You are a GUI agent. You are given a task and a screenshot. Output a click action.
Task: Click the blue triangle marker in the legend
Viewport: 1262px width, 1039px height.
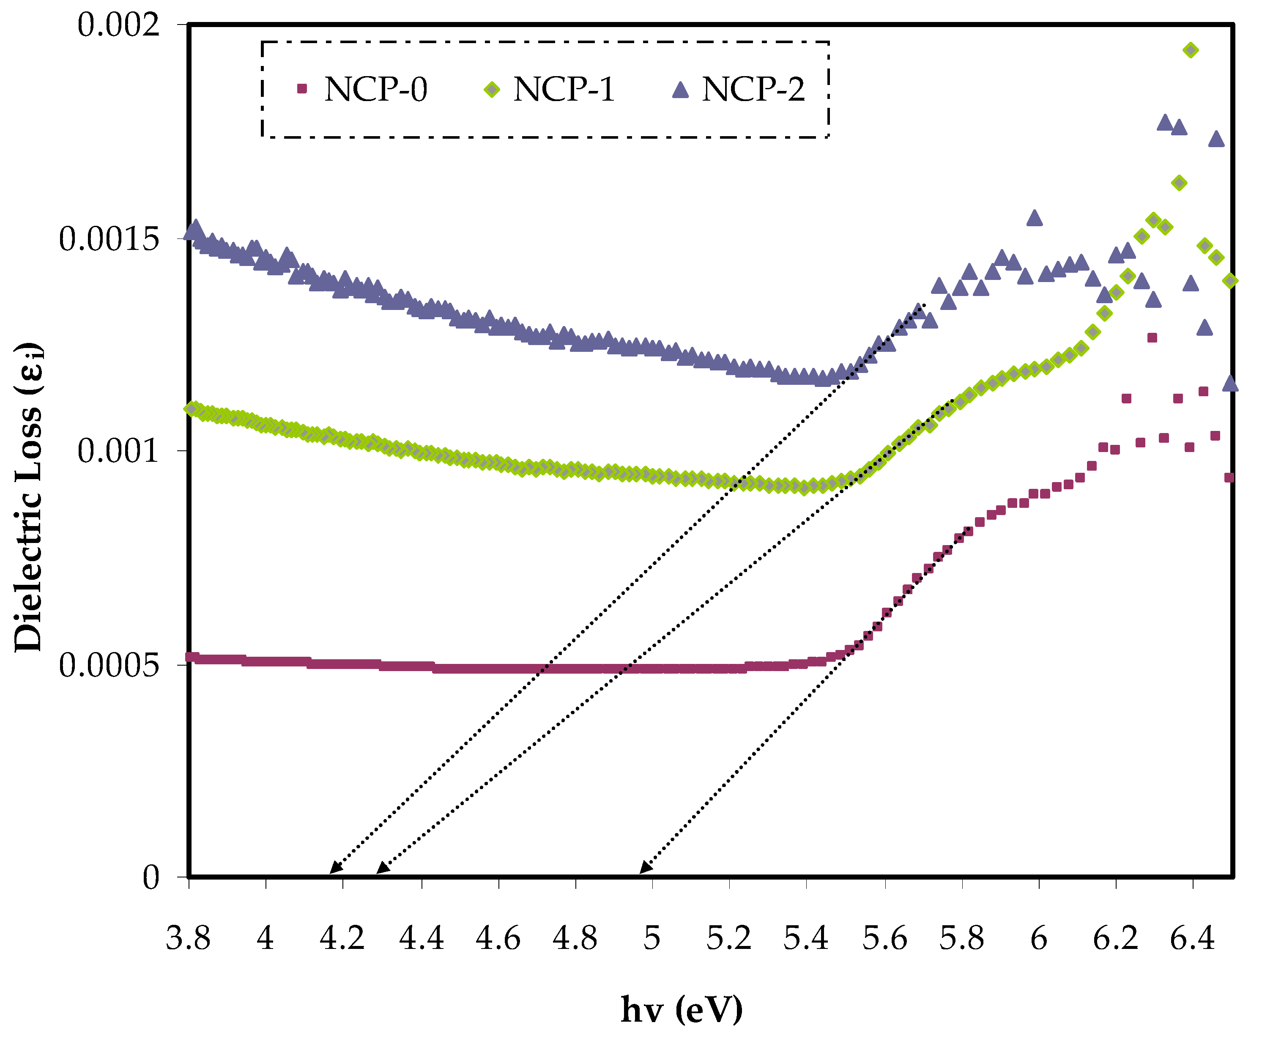[680, 90]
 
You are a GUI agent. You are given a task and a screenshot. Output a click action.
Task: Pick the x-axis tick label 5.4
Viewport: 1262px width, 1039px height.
[805, 938]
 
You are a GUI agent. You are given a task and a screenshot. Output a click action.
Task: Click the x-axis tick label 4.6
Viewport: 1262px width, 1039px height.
[498, 938]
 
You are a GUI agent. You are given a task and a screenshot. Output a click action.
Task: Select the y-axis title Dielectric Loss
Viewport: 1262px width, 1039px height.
[29, 497]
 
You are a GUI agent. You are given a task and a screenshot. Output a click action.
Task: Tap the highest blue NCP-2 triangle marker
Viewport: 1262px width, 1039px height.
[1164, 123]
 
